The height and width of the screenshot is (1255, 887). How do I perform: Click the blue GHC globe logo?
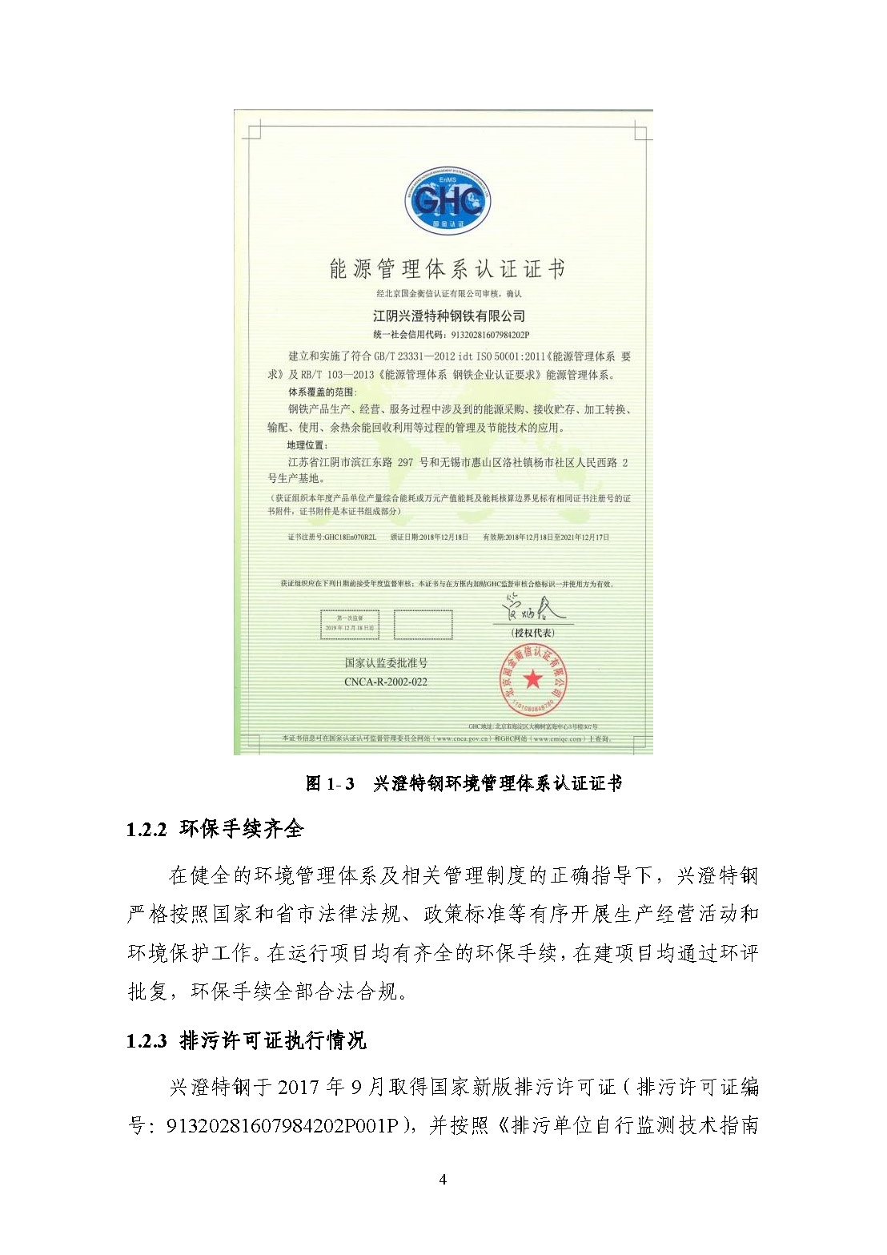pyautogui.click(x=448, y=199)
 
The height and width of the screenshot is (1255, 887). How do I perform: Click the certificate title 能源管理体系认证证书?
pyautogui.click(x=448, y=269)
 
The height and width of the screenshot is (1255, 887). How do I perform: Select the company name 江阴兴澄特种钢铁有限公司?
pyautogui.click(x=448, y=316)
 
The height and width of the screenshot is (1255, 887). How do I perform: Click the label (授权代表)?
pyautogui.click(x=532, y=633)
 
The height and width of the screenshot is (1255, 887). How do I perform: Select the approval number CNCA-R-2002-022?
pyautogui.click(x=386, y=682)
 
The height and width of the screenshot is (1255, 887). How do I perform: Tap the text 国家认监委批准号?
pyautogui.click(x=386, y=663)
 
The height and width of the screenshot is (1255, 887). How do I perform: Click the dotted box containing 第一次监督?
pyautogui.click(x=350, y=624)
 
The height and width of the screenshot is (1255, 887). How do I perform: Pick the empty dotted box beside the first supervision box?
pyautogui.click(x=423, y=625)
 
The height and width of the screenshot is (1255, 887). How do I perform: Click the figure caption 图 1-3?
pyautogui.click(x=330, y=784)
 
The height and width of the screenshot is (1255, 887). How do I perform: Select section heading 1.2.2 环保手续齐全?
pyautogui.click(x=215, y=829)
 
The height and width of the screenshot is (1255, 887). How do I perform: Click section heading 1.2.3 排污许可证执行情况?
pyautogui.click(x=246, y=1040)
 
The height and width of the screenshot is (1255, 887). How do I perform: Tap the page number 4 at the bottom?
pyautogui.click(x=443, y=1179)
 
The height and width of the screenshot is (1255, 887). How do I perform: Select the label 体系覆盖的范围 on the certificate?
pyautogui.click(x=323, y=392)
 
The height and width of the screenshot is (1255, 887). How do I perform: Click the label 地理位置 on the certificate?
pyautogui.click(x=307, y=445)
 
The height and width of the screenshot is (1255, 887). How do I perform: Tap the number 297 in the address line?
pyautogui.click(x=405, y=462)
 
